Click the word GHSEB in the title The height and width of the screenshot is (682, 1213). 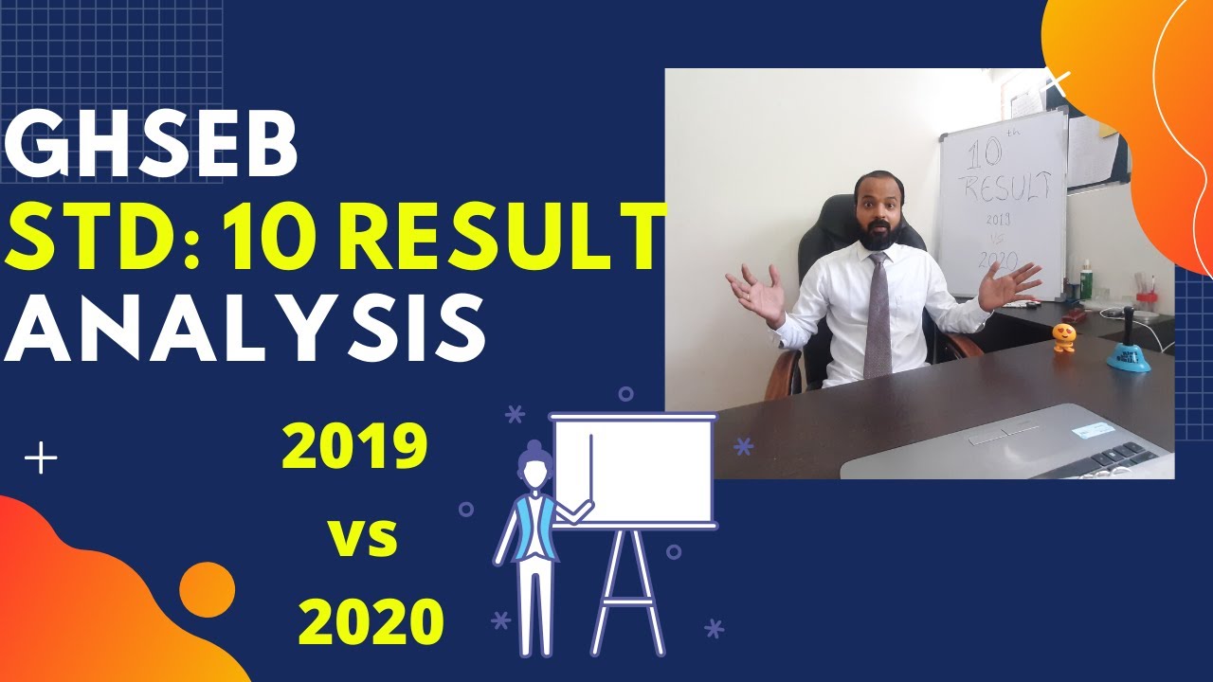(x=152, y=147)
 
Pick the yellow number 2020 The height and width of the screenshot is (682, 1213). (x=371, y=621)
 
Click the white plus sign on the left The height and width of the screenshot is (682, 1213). (x=41, y=460)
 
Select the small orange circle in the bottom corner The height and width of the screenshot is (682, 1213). (x=207, y=589)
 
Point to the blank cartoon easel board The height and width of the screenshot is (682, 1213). (x=633, y=470)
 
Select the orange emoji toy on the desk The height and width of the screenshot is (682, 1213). (x=1065, y=336)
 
